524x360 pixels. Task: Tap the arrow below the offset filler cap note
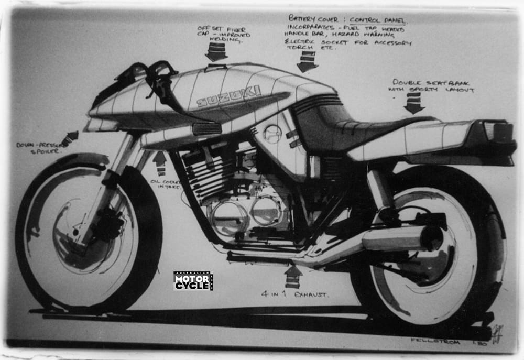tap(216, 51)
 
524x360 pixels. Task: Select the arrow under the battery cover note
tap(308, 61)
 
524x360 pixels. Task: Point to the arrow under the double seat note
tap(414, 103)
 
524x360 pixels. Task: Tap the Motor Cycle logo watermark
tap(193, 281)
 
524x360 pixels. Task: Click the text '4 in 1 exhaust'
tap(295, 294)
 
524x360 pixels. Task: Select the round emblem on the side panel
tap(272, 134)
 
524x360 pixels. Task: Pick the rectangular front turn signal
tap(206, 129)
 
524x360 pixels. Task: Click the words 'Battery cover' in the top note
tap(314, 18)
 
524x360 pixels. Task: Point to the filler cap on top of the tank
tap(215, 67)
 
